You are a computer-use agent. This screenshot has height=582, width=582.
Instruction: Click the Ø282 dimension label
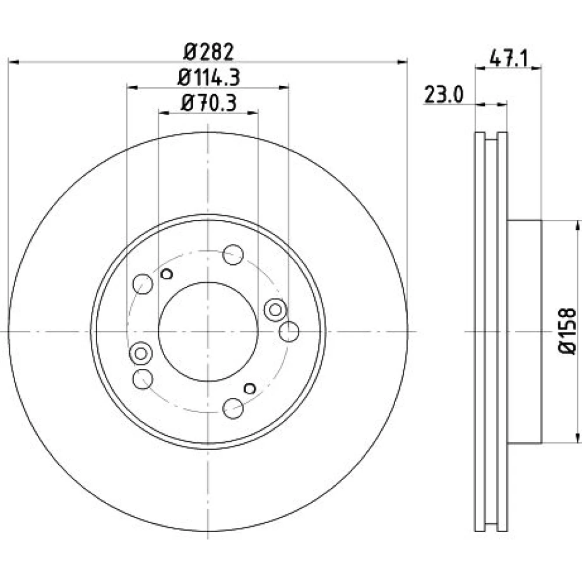[x=209, y=52]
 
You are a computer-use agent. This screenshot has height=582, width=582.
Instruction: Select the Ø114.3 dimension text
[x=209, y=77]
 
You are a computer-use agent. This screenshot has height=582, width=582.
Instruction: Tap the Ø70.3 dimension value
[x=209, y=103]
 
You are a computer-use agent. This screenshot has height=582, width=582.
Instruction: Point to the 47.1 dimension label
[x=509, y=58]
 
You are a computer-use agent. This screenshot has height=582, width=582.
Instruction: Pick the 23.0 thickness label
[x=444, y=95]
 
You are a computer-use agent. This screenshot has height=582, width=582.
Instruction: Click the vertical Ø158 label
[x=567, y=331]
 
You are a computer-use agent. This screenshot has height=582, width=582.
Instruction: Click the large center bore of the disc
[x=208, y=332]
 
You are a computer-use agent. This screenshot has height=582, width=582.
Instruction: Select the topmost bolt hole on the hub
[x=233, y=255]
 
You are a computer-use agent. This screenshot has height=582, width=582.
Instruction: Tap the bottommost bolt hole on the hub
[x=233, y=409]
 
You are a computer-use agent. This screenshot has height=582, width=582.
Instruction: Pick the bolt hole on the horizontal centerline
[x=289, y=332]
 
